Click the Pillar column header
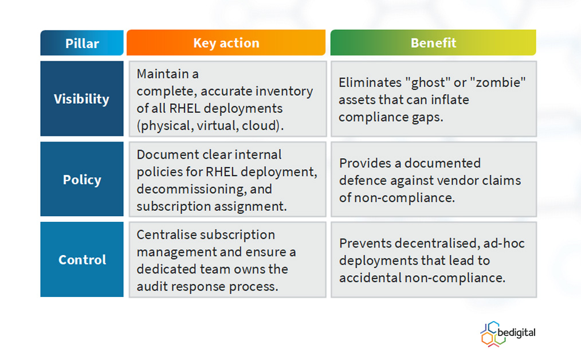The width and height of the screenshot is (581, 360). click(x=82, y=43)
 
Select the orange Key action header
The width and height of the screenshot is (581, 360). click(x=226, y=42)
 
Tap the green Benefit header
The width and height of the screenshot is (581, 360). click(x=433, y=42)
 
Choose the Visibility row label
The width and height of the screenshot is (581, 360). click(x=82, y=99)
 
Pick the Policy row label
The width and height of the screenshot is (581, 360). click(x=82, y=179)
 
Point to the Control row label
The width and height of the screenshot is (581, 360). click(x=82, y=260)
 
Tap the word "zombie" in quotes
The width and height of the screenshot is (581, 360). click(x=497, y=83)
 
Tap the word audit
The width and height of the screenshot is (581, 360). click(x=151, y=286)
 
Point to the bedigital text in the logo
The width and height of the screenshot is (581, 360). click(x=516, y=332)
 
